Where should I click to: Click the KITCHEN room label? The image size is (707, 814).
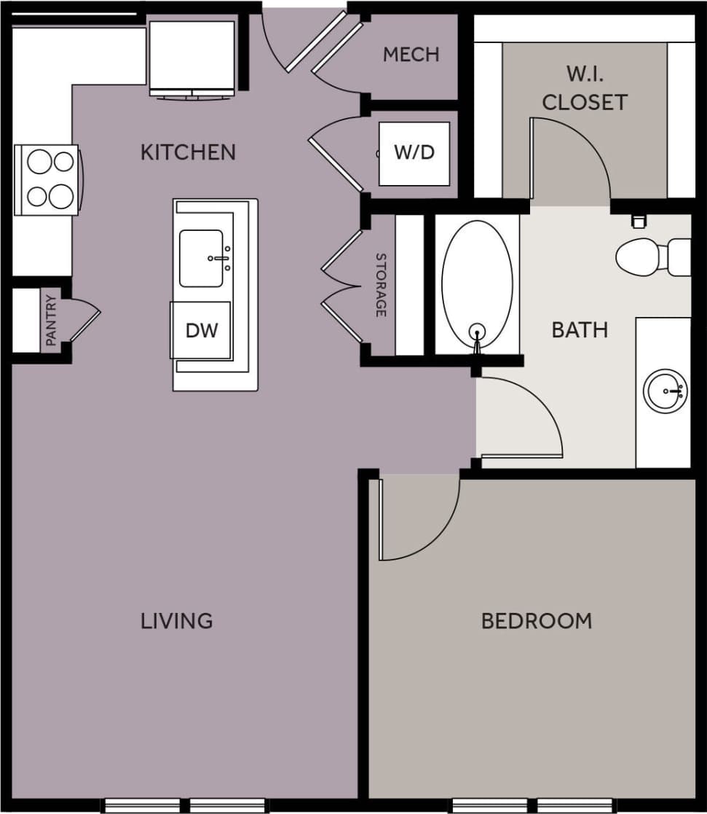[x=188, y=152]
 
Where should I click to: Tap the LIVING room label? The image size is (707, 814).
[x=177, y=621]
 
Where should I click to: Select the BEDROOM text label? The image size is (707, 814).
[x=537, y=621]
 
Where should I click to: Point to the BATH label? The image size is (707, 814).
[x=580, y=330]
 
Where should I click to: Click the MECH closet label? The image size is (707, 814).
[x=411, y=55]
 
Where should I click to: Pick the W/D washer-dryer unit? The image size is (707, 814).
[x=414, y=153]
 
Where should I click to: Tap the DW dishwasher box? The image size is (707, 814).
[x=201, y=330]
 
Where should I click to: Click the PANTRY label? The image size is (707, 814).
[x=50, y=321]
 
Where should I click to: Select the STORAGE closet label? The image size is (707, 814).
[x=380, y=285]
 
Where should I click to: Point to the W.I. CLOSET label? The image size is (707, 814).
[x=585, y=88]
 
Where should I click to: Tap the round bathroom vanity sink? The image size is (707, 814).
[x=665, y=391]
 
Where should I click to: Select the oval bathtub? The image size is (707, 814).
[x=477, y=284]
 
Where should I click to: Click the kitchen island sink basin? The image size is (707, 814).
[x=202, y=258]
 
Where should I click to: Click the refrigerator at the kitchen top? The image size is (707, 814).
[x=192, y=57]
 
